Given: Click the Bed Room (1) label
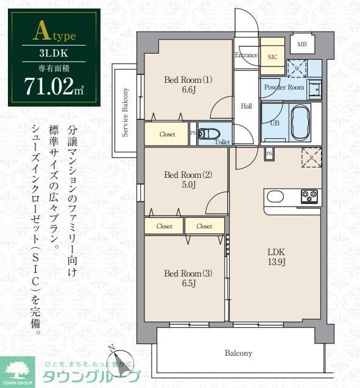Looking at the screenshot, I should [x=188, y=84].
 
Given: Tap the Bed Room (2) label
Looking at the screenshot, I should [x=188, y=180].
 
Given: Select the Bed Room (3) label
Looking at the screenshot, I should [x=188, y=278].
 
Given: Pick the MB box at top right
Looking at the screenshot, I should [x=302, y=44].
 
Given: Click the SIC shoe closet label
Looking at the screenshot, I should [x=272, y=55].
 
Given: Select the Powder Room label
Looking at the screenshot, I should [x=283, y=87].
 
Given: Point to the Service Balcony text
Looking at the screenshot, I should [x=125, y=113].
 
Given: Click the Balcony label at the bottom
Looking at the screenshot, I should [x=238, y=353].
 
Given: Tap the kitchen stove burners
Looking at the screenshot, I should [x=309, y=196].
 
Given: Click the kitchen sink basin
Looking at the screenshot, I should [x=275, y=196].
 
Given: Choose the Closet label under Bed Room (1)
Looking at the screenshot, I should [x=168, y=134].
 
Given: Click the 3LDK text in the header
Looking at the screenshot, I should [x=54, y=52].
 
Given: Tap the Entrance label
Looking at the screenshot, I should [x=246, y=55].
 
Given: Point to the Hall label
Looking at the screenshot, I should [x=246, y=106].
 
